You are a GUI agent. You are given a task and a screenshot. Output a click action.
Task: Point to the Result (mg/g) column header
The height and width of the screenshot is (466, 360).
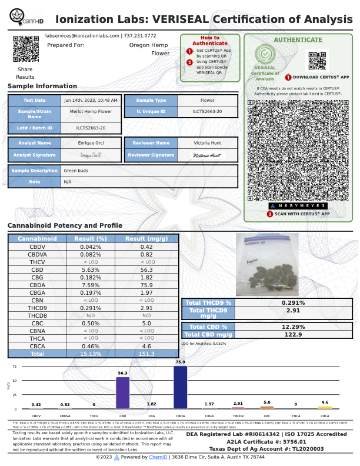pyautogui.click(x=148, y=239)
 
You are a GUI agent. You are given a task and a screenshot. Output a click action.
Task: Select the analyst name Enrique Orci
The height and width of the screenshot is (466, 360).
pyautogui.click(x=91, y=143)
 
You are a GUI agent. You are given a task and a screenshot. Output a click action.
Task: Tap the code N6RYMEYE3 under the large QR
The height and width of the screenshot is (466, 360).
pyautogui.click(x=298, y=206)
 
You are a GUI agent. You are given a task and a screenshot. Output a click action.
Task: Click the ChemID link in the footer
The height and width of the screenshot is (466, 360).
pyautogui.click(x=158, y=457)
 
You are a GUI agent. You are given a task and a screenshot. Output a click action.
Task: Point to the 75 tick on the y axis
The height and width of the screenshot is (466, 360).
pyautogui.click(x=15, y=367)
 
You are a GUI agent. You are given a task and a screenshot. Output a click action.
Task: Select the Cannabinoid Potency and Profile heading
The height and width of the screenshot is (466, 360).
pyautogui.click(x=65, y=226)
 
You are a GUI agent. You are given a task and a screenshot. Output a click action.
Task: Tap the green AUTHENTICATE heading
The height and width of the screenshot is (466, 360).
pyautogui.click(x=298, y=40)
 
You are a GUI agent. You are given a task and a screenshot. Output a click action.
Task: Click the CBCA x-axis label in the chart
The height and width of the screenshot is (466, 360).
pyautogui.click(x=325, y=416)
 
